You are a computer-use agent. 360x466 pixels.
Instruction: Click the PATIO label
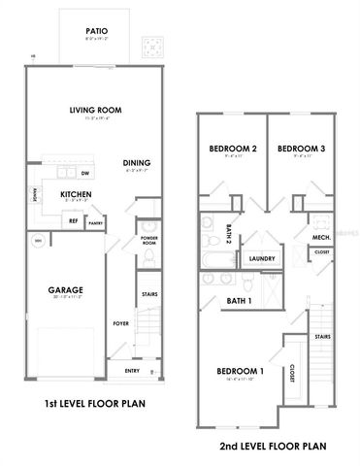click(96, 31)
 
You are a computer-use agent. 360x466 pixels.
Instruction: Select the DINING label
click(136, 162)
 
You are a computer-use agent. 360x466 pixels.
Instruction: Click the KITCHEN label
click(76, 194)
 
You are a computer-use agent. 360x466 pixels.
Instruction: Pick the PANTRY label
click(96, 222)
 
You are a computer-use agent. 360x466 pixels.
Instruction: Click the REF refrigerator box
click(73, 220)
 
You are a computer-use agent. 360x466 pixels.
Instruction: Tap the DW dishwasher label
click(86, 174)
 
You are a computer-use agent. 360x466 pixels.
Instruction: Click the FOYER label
click(121, 323)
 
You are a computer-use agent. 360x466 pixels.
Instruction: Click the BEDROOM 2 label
click(233, 149)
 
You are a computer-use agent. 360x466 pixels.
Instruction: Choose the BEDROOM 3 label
click(300, 149)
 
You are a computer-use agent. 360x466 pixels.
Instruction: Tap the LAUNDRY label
click(262, 259)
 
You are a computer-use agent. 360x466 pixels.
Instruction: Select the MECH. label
click(322, 236)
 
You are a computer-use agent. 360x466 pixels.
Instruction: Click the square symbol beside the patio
click(151, 46)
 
